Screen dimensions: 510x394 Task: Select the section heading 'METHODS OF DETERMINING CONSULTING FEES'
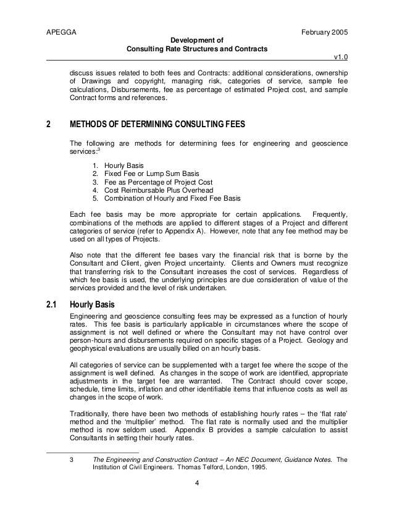point(157,124)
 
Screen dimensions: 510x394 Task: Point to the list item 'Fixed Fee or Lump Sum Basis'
point(151,174)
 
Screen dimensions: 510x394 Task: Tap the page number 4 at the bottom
point(197,482)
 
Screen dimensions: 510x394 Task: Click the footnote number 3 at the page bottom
point(72,459)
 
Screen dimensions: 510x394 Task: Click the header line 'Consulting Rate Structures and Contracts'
point(197,49)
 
